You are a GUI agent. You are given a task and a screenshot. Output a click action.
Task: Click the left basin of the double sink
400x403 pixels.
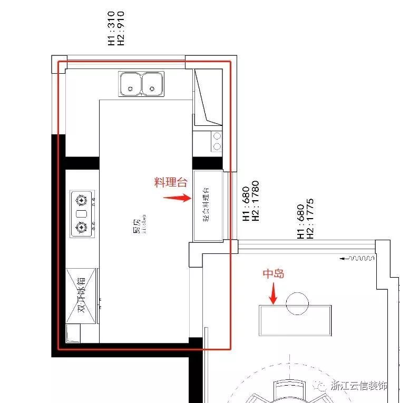(x=130, y=84)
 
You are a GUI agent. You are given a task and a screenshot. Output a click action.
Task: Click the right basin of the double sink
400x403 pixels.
(x=152, y=84)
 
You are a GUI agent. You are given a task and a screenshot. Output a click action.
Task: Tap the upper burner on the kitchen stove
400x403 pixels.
(x=81, y=200)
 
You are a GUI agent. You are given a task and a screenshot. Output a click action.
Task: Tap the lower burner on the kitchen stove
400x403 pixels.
(x=81, y=228)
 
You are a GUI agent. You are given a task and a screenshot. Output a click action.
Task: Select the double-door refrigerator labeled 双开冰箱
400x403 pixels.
(x=82, y=296)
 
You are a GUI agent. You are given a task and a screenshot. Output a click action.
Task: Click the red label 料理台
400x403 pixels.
(x=171, y=183)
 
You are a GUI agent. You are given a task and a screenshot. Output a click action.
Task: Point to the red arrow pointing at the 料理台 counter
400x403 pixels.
(x=177, y=198)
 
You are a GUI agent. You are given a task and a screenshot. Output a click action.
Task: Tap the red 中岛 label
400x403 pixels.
(x=274, y=274)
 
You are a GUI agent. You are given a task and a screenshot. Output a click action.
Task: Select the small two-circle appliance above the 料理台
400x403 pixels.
(x=216, y=141)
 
